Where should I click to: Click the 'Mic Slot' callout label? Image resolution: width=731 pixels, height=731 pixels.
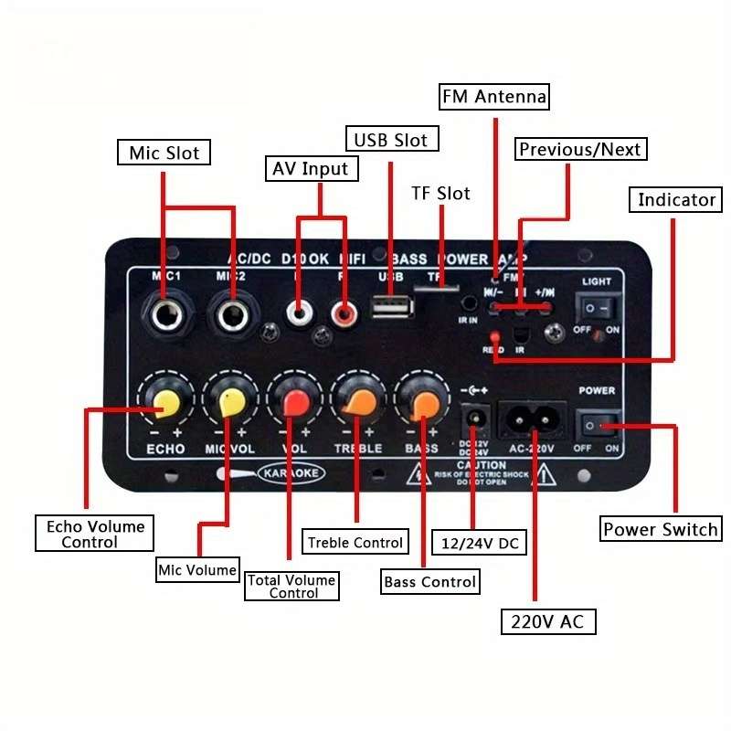(x=164, y=153)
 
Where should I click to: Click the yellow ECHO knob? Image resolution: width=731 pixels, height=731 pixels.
(x=165, y=403)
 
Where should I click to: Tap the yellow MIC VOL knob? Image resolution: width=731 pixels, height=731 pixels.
(x=229, y=402)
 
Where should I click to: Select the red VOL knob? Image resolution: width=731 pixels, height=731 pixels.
(x=296, y=403)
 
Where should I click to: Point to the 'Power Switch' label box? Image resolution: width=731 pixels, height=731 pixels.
(x=661, y=529)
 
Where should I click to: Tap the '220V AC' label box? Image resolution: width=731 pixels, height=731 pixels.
(x=547, y=622)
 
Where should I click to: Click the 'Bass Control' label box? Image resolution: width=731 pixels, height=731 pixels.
(x=429, y=581)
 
